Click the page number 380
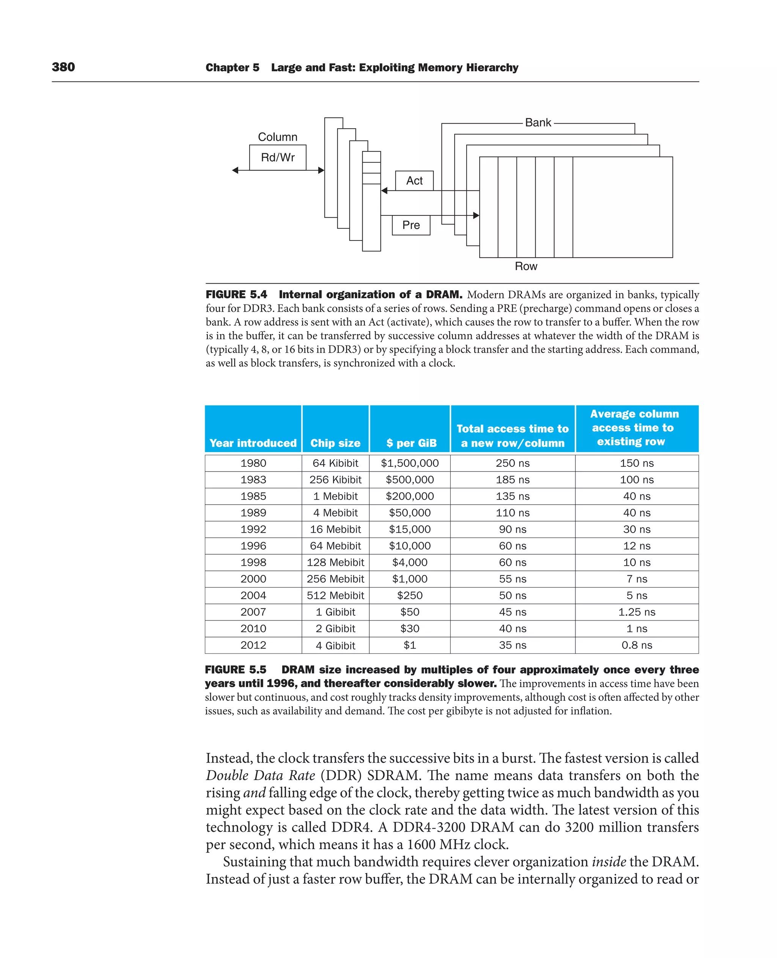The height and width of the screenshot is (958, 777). pos(63,67)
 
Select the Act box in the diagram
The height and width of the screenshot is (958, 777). pos(414,181)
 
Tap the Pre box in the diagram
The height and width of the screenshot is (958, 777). pos(411,225)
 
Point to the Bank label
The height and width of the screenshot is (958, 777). pos(538,122)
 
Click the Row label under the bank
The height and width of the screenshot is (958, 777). pos(526,267)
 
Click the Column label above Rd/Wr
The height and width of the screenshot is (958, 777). pos(277,137)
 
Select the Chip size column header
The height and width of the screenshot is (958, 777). pos(335,443)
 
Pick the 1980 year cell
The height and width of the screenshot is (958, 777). pos(253,463)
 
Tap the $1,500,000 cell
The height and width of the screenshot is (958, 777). pos(409,463)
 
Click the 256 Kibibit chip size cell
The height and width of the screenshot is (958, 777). pos(335,480)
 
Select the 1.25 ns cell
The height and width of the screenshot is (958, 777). pos(637,612)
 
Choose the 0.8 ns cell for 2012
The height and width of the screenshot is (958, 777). pos(637,645)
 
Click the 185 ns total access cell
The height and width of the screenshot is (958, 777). pos(513,480)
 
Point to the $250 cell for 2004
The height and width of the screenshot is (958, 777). pos(409,595)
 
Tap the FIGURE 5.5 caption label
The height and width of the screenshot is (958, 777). pos(236,670)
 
